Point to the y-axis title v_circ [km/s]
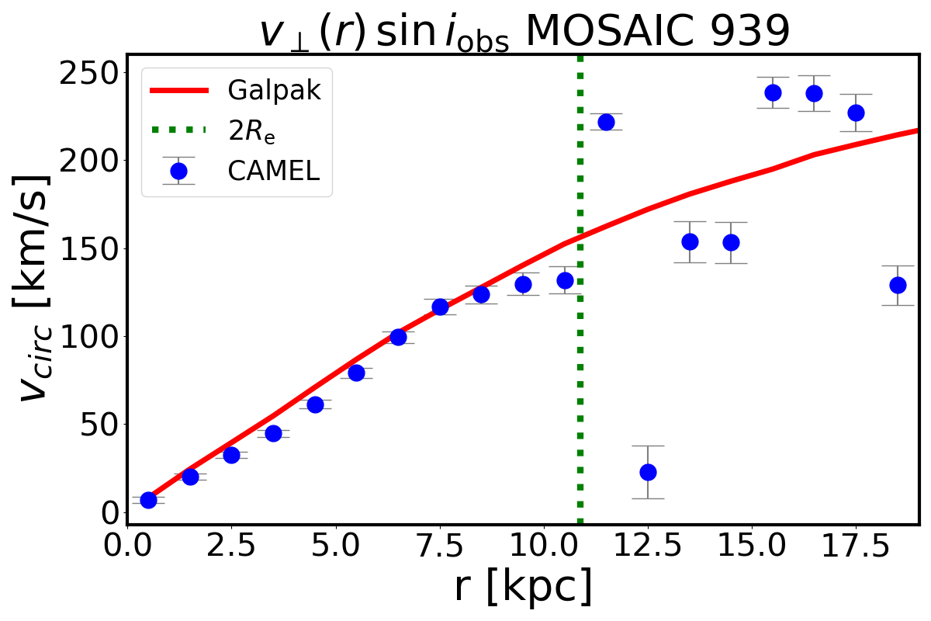35,287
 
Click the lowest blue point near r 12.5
648,472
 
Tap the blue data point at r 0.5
148,500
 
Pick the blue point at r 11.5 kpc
606,122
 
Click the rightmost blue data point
897,285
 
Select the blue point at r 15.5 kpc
773,92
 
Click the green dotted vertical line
580,310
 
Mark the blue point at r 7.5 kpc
440,307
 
